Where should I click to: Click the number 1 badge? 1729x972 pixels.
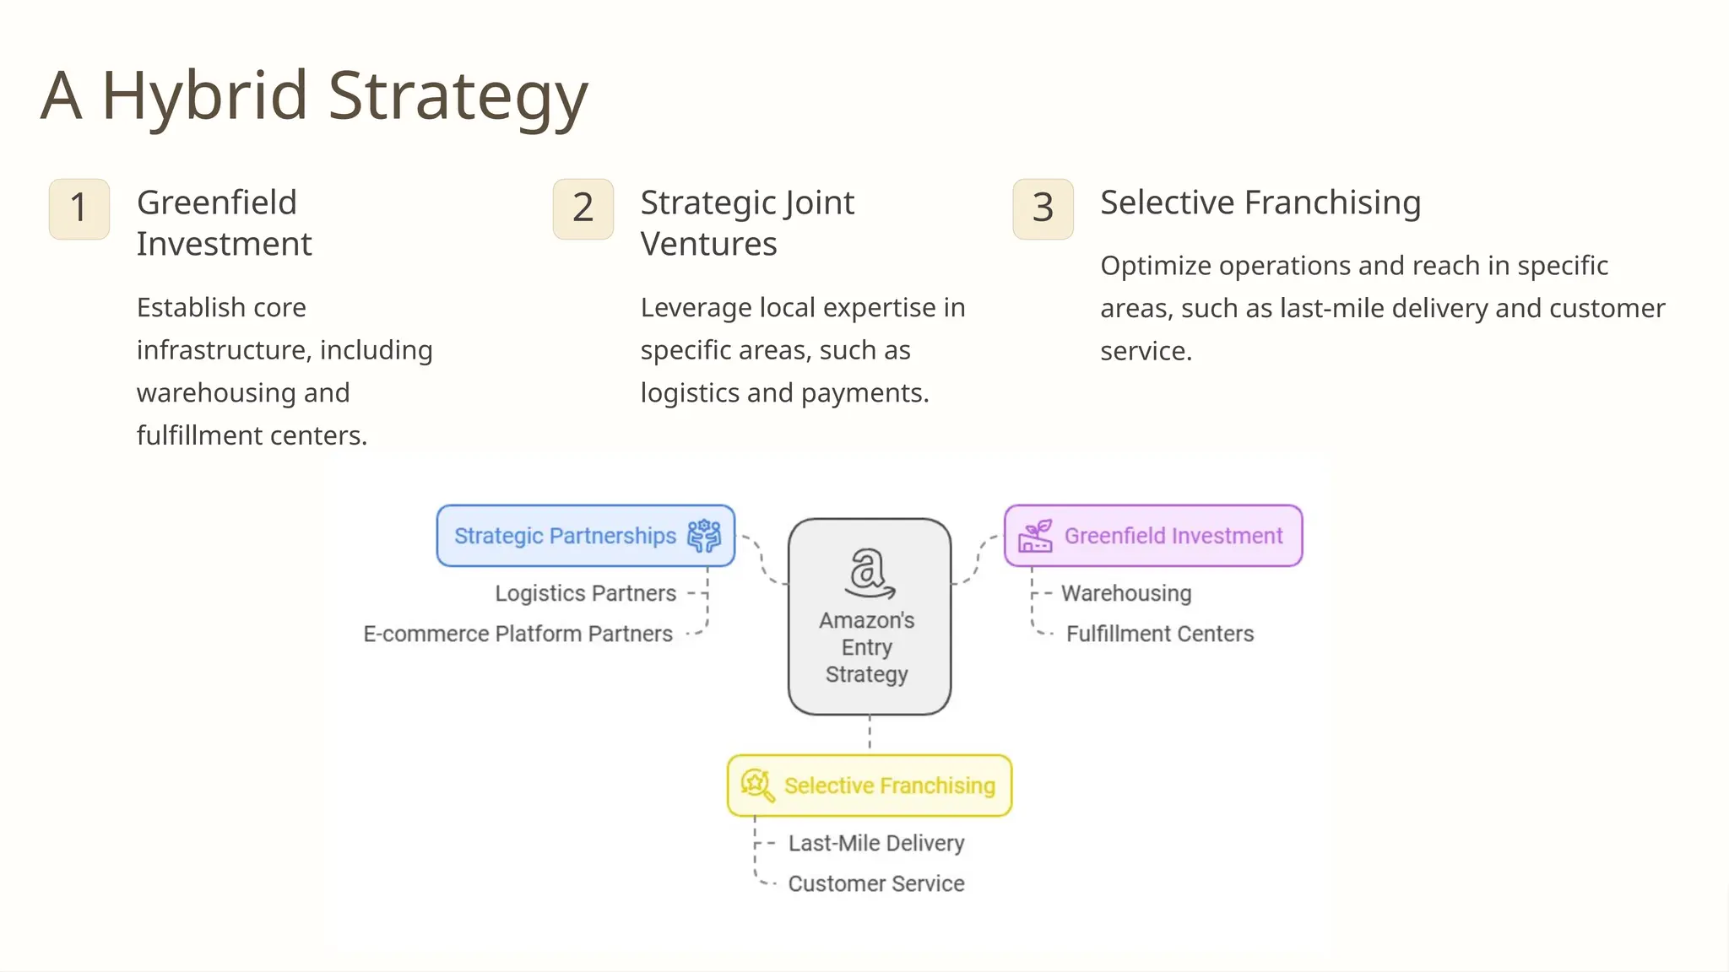click(x=79, y=208)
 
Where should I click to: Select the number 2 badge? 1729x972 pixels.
click(x=583, y=208)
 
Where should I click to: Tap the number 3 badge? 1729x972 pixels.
click(x=1043, y=208)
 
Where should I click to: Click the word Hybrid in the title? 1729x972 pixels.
click(x=205, y=96)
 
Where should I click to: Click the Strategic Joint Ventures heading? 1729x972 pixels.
click(x=746, y=223)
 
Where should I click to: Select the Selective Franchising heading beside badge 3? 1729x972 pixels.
click(x=1260, y=202)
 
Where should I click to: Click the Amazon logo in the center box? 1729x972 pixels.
click(x=870, y=572)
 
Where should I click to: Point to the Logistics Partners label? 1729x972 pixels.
click(x=585, y=593)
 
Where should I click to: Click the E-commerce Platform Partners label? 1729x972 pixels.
click(x=518, y=634)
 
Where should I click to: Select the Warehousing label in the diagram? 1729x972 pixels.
click(x=1125, y=593)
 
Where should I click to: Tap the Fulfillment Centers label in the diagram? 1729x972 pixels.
click(x=1159, y=634)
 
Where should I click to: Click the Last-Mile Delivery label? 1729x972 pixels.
click(x=875, y=843)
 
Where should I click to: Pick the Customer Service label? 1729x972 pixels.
click(x=875, y=883)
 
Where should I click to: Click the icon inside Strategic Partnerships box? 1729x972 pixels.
click(x=703, y=536)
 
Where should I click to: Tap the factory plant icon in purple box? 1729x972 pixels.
click(x=1035, y=536)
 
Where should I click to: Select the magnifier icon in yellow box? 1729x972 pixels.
click(x=756, y=786)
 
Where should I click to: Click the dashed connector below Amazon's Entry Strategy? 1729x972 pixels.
click(x=870, y=733)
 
